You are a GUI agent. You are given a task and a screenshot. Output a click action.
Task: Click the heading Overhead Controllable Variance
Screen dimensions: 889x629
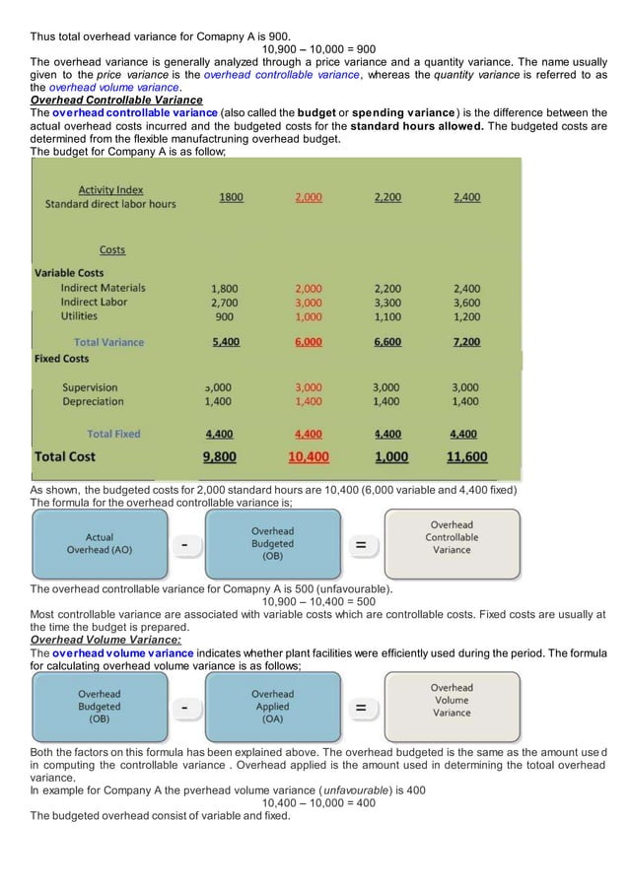[116, 100]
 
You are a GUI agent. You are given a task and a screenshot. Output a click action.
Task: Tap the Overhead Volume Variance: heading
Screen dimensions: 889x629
[99, 639]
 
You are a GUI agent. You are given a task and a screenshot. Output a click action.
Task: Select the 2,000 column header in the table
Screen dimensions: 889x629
[309, 197]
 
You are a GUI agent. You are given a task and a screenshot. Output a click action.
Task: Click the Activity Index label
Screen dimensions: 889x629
[110, 189]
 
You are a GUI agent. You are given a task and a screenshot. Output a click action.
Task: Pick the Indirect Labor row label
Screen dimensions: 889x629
[94, 302]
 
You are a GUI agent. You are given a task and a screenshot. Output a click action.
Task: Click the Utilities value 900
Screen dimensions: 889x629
[224, 316]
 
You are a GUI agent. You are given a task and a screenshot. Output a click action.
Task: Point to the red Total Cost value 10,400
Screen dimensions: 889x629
[309, 457]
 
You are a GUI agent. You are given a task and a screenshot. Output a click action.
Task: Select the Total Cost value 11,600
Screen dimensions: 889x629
[466, 457]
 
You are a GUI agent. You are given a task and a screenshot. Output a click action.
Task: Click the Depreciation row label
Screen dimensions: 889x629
[93, 401]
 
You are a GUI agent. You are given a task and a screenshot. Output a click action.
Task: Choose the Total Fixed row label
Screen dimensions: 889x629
[113, 434]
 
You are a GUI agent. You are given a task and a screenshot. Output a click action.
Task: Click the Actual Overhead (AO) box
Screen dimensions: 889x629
[99, 543]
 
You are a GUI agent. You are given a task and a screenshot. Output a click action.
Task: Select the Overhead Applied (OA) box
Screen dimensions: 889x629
[272, 706]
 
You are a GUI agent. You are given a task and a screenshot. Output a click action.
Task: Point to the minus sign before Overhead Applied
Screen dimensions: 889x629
[184, 707]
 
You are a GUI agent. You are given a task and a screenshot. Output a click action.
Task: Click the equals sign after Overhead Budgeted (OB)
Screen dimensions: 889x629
[362, 544]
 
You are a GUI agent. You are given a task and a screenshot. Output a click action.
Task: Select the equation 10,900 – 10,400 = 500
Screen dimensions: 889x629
[318, 601]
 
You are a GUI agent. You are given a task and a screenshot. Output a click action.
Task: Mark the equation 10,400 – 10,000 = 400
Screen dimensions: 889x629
[318, 802]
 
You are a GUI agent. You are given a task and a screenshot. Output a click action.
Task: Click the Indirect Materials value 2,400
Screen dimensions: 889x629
[466, 288]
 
